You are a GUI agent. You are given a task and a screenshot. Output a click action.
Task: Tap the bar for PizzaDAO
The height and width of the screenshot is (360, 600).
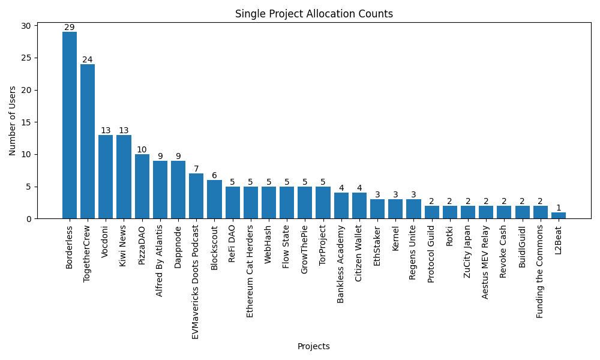click(142, 186)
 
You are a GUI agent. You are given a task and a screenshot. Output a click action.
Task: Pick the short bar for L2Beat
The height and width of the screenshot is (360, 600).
click(559, 215)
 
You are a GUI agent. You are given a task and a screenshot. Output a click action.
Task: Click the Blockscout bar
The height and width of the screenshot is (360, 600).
click(214, 199)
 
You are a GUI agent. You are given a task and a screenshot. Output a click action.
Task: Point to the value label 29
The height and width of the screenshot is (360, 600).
click(70, 28)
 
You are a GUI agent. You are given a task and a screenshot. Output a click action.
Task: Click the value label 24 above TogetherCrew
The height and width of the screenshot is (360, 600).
click(88, 59)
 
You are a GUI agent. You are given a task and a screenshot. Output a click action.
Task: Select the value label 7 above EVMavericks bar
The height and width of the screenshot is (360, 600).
click(196, 169)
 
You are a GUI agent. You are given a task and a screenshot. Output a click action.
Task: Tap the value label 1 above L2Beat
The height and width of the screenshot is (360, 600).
click(559, 208)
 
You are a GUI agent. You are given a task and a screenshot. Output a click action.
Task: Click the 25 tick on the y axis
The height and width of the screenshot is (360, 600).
click(28, 58)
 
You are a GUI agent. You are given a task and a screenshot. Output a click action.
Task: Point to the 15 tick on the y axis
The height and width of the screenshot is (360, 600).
click(28, 122)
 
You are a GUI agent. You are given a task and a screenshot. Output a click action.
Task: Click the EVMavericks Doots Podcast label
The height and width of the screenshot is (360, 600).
click(196, 282)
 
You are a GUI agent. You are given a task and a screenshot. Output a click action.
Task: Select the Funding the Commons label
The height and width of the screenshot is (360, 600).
click(540, 271)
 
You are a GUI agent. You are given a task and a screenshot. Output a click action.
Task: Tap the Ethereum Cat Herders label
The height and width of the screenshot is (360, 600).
click(250, 271)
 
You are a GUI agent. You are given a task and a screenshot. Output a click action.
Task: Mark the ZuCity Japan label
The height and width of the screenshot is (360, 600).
click(467, 251)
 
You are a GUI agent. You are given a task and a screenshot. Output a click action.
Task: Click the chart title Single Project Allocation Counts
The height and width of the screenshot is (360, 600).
click(314, 14)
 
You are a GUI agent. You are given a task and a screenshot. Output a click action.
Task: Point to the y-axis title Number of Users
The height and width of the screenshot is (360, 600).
click(13, 121)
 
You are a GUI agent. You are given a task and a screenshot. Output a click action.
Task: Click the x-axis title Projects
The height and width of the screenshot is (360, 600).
click(313, 346)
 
